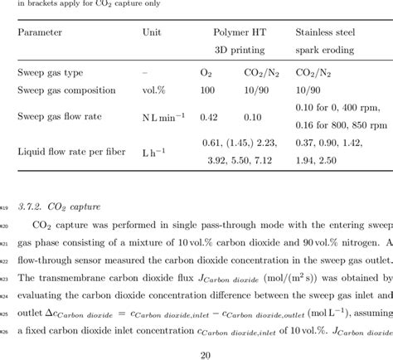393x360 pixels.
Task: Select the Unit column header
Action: [153, 34]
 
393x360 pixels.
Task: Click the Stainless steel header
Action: [326, 34]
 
